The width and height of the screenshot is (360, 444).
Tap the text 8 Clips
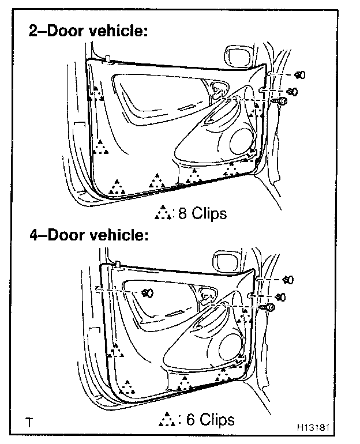202,213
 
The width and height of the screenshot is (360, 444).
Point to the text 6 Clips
210,419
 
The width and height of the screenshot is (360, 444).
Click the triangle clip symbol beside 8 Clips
163,213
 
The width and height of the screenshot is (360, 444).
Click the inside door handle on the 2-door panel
217,89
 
